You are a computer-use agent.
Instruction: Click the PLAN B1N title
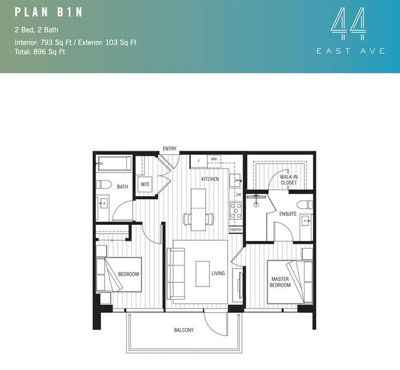[x=49, y=12]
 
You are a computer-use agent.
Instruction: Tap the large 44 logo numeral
[x=348, y=23]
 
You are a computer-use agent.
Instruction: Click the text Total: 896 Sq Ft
[x=40, y=52]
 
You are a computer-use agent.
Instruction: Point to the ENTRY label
[x=170, y=149]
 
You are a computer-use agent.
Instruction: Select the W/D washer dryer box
[x=145, y=184]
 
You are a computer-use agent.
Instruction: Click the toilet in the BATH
[x=104, y=184]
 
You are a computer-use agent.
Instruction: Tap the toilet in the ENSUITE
[x=305, y=205]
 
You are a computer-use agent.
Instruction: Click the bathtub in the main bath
[x=114, y=163]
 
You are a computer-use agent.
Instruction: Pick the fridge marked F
[x=199, y=161]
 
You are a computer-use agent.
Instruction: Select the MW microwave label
[x=214, y=159]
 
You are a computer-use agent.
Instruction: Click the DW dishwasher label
[x=239, y=195]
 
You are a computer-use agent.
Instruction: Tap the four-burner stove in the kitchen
[x=236, y=210]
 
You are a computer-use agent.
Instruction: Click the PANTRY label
[x=236, y=230]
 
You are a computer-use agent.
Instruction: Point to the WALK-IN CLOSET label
[x=289, y=179]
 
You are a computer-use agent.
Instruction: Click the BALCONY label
[x=183, y=330]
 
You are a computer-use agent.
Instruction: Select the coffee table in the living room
[x=203, y=274]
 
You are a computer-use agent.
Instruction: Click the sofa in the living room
[x=176, y=274]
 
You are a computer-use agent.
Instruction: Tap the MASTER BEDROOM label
[x=280, y=282]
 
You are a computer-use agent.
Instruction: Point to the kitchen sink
[x=236, y=180]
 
